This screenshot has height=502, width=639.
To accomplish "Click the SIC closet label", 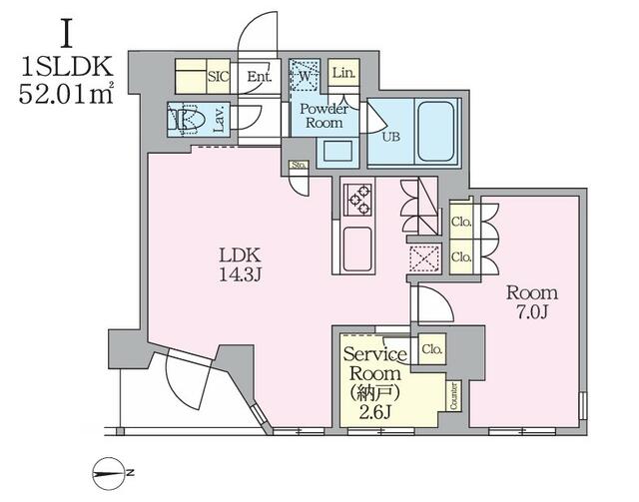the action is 219,77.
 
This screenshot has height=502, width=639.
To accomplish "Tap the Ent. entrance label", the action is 260,76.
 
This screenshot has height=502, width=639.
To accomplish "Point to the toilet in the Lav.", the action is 184,119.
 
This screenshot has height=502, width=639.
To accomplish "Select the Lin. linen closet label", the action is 343,73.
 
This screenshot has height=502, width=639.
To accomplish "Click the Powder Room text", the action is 323,116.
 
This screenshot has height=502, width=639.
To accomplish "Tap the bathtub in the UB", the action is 436,131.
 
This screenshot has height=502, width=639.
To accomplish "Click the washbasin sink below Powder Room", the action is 337,151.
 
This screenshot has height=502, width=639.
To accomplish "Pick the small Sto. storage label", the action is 299,165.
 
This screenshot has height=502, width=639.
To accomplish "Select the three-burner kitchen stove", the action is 357,200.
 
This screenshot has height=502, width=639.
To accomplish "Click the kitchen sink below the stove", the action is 357,250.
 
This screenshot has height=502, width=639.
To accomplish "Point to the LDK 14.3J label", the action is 240,264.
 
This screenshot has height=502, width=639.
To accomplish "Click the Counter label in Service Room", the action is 454,396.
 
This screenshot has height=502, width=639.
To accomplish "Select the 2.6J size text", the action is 375,413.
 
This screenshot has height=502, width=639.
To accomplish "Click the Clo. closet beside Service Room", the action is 432,349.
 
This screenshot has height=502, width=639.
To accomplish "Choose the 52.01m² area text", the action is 66,96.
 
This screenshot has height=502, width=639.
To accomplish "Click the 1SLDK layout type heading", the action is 67,67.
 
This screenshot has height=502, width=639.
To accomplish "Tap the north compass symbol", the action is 110,473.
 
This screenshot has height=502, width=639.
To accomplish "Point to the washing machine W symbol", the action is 305,75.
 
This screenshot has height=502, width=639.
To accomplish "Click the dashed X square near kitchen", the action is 424,258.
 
